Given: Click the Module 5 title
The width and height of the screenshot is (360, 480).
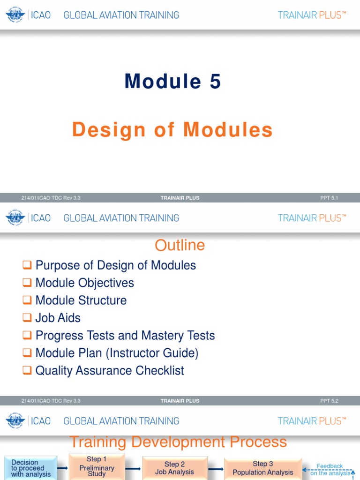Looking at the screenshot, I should [172, 82].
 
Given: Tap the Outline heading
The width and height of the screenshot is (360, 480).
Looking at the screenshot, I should [180, 245].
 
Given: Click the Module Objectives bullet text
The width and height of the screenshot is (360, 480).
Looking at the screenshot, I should [85, 283].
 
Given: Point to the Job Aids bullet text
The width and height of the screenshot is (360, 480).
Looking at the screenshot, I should [58, 318].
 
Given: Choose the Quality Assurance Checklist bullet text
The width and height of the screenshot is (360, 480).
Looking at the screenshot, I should [110, 370].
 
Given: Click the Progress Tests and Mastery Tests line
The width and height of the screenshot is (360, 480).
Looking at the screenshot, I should [125, 335].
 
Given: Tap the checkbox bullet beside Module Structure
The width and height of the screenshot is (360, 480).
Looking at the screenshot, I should [27, 300].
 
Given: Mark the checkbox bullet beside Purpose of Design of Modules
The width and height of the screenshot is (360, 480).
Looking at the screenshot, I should [27, 265].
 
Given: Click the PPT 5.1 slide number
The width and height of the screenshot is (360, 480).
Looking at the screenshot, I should [329, 198].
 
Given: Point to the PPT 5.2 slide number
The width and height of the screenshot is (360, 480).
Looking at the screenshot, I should [329, 401].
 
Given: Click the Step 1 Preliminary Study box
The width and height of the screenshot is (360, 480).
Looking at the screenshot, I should [97, 466].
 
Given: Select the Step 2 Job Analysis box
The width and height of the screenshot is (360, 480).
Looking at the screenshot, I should [174, 468].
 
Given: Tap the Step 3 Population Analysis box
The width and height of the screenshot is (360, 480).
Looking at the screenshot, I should [263, 468].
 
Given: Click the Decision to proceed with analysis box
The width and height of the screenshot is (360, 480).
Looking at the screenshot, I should [31, 468].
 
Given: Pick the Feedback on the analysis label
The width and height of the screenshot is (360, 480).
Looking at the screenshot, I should [330, 470].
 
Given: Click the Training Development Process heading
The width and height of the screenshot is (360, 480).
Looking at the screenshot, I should [178, 442].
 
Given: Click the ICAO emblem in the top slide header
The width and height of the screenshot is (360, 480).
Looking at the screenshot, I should [15, 15].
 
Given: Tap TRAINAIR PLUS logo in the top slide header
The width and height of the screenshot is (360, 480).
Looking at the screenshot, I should [312, 15].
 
